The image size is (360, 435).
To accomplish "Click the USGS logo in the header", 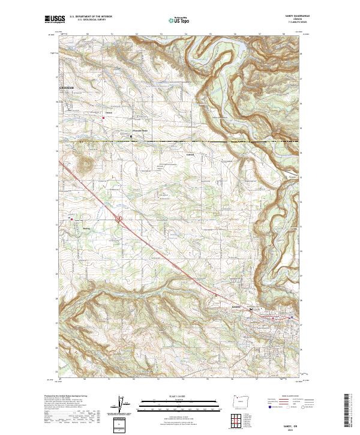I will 53,20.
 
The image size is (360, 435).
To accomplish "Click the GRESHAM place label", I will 67,88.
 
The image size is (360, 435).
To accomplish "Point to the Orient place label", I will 109,112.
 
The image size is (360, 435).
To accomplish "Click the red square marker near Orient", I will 103,118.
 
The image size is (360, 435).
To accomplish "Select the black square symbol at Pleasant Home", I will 132,137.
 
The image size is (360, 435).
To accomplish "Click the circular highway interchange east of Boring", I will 119,220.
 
